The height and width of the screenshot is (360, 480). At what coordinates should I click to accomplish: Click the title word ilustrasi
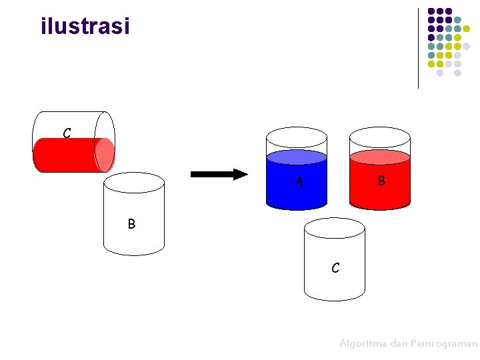pos(85,27)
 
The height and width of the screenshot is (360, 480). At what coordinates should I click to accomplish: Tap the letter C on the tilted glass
pos(67,133)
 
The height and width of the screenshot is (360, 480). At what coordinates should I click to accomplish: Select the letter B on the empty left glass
pos(131,224)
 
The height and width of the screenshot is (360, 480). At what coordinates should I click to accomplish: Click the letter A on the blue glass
pos(299,180)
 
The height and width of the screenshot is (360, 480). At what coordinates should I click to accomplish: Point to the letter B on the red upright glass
pos(381,180)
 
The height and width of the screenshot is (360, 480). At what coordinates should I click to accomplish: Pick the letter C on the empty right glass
pos(335,268)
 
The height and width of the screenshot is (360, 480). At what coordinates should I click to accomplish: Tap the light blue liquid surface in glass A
pos(297,157)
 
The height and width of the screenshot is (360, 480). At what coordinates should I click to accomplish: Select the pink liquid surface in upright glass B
pos(380,157)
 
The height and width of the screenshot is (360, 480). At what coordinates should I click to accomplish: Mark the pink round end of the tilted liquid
pos(104,155)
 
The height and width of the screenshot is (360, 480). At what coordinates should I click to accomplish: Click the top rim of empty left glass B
pos(134,182)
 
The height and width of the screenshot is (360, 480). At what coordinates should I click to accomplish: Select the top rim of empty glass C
pos(335,229)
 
